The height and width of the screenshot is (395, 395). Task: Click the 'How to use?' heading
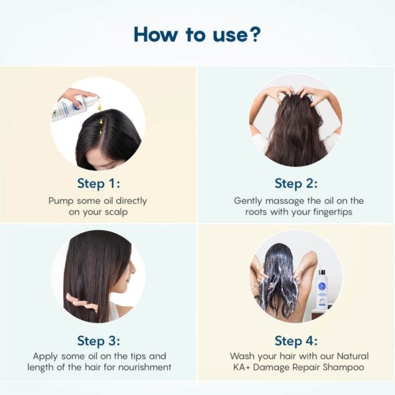pos(197,34)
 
